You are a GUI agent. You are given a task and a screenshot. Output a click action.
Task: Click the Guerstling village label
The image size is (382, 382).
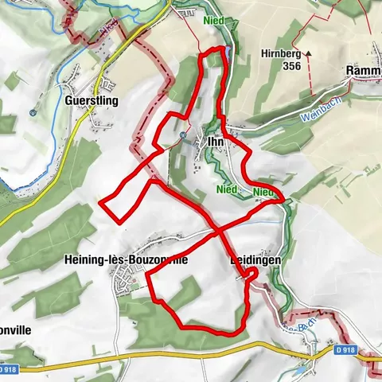pyautogui.click(x=92, y=102)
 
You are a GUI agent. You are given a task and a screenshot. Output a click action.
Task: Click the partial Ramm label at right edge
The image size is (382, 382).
pyautogui.click(x=364, y=72)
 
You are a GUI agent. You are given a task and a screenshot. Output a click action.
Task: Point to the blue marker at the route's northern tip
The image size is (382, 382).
pyautogui.click(x=228, y=53)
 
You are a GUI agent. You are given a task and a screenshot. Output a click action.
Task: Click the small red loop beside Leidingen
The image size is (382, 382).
pyautogui.click(x=251, y=275)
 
